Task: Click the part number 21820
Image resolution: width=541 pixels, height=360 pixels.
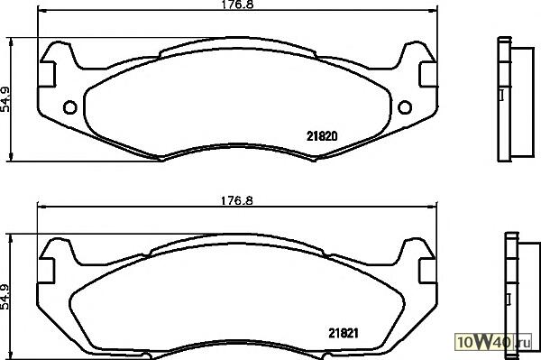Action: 322,136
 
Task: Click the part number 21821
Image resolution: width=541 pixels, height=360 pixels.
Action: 344,333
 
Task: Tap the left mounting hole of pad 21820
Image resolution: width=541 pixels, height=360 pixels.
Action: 70,107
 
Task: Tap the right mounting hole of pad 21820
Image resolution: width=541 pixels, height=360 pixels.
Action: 405,107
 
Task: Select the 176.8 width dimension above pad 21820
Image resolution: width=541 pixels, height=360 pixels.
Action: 237,5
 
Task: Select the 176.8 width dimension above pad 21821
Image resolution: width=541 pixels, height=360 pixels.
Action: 236,200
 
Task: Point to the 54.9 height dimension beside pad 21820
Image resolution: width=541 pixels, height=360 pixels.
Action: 5,99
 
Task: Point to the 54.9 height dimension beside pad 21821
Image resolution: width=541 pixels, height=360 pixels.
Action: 5,297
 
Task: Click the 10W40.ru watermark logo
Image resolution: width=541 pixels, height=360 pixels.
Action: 494,342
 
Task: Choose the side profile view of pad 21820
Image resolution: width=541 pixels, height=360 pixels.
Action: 516,99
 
